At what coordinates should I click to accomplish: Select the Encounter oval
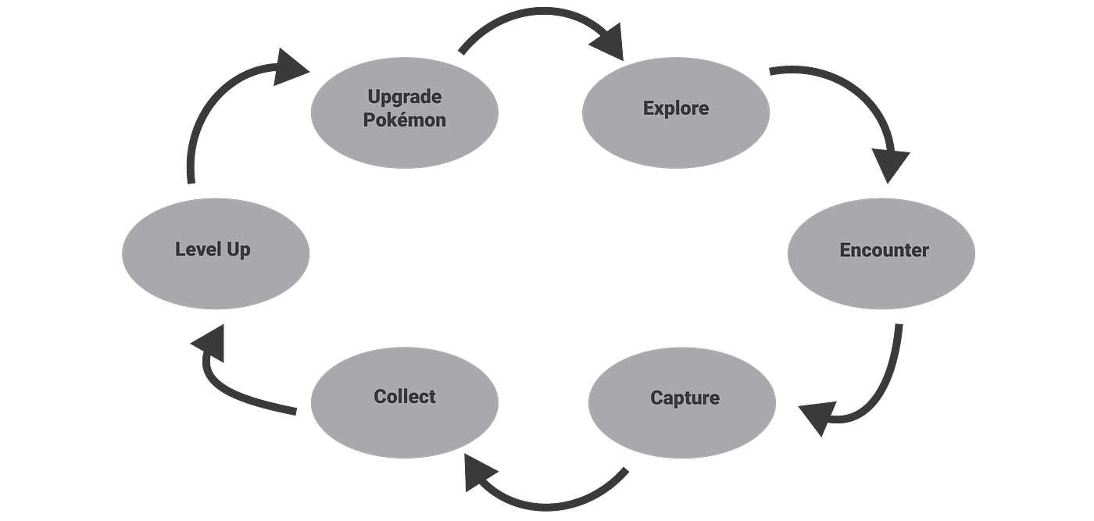[881, 252]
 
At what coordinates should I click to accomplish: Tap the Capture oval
[682, 398]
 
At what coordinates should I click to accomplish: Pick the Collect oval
[404, 397]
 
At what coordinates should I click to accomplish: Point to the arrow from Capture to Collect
[547, 500]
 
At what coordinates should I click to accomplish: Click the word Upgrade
[404, 98]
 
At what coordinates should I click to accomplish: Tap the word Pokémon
[404, 120]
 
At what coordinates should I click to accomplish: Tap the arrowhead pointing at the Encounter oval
[891, 166]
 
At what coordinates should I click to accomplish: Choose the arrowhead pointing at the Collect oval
[478, 471]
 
